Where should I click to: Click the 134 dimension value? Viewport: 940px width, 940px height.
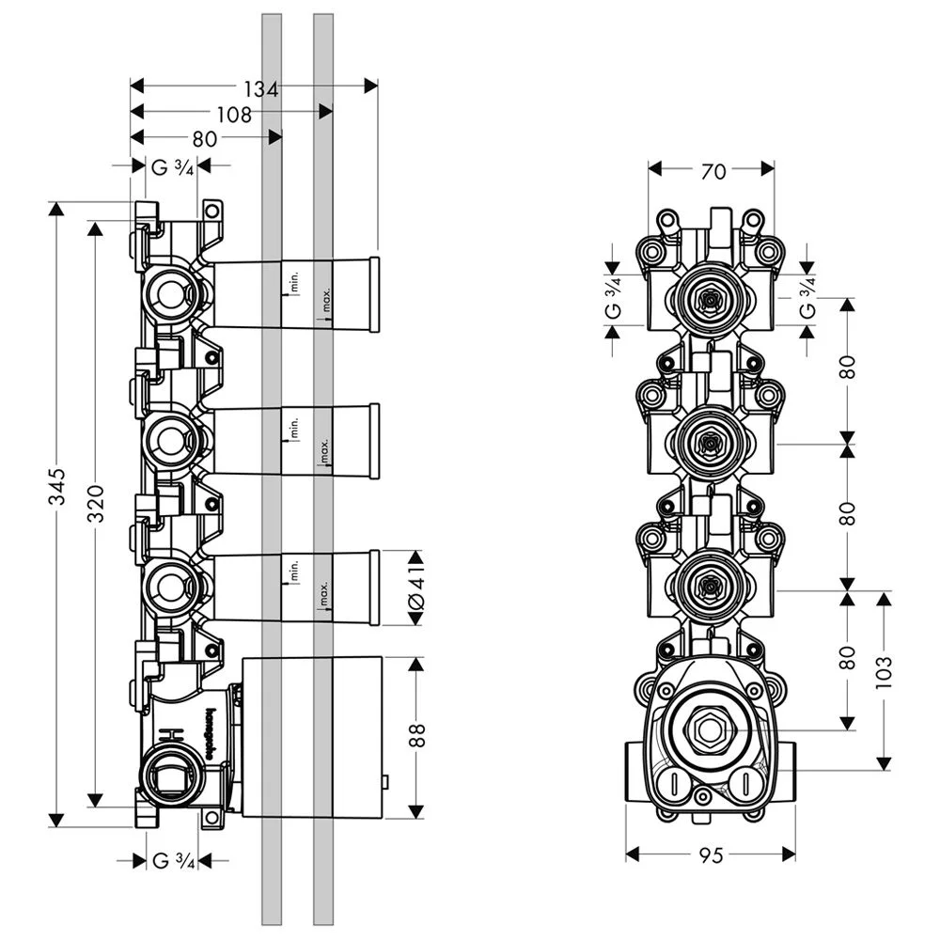(x=261, y=89)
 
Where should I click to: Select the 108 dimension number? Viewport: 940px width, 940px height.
(x=233, y=115)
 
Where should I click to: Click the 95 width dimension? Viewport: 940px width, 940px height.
(x=712, y=855)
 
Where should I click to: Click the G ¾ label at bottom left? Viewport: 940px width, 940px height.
(x=172, y=860)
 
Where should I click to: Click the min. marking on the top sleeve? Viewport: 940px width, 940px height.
(x=293, y=279)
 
